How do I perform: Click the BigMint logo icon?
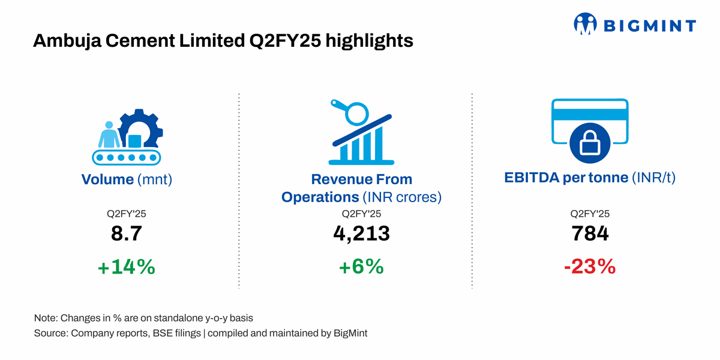(585, 25)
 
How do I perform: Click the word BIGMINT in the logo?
(649, 26)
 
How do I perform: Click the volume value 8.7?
(127, 233)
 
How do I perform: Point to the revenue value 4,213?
(361, 233)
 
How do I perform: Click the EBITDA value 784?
(590, 233)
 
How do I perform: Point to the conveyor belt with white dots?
(127, 157)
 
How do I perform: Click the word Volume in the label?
(107, 179)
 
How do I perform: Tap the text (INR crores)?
(401, 197)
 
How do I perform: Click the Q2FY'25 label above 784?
(590, 214)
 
